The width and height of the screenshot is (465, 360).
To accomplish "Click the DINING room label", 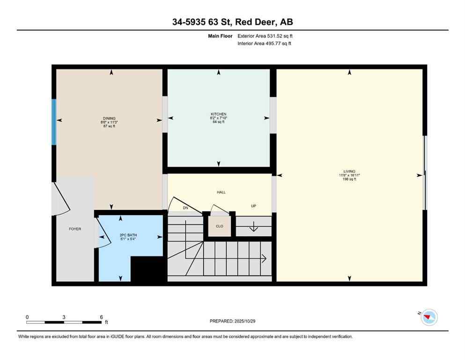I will point(109,118).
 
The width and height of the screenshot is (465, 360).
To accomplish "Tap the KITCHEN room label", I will point(218,114).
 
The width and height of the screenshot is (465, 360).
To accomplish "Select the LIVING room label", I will point(349,171).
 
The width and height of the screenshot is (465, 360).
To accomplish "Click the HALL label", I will point(221,192).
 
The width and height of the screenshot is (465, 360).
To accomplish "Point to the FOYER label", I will point(75,229).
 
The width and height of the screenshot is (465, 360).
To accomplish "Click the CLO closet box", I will point(219,226).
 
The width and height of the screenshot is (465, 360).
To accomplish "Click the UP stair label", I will point(253,206).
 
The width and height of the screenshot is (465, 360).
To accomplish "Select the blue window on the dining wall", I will point(54,122).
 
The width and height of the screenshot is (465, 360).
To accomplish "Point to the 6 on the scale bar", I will point(101,317).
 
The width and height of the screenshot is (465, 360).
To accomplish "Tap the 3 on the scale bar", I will point(64,317).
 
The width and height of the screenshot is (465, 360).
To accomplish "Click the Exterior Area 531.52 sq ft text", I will point(266,36).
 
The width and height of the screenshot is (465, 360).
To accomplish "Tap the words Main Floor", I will point(220,36).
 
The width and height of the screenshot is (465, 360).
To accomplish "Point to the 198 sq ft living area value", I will point(349,179).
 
